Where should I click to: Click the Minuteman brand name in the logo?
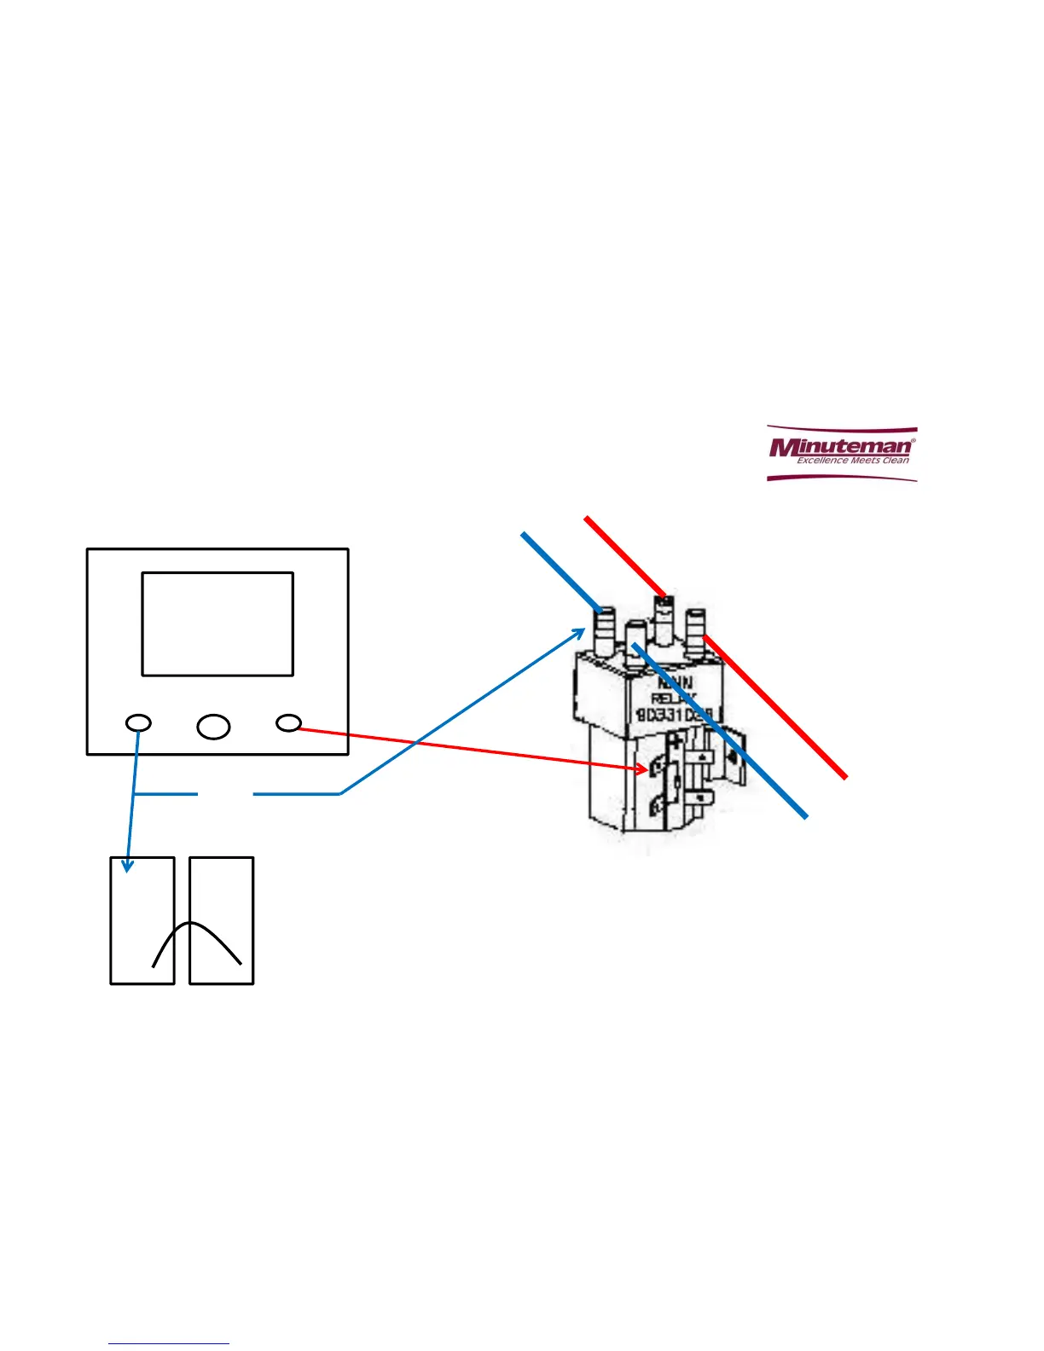pyautogui.click(x=840, y=447)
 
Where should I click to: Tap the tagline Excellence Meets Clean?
pyautogui.click(x=852, y=461)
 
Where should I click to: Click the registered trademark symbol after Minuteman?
pyautogui.click(x=913, y=441)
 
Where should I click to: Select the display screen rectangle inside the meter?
pyautogui.click(x=217, y=623)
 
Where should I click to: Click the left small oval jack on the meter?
pyautogui.click(x=138, y=723)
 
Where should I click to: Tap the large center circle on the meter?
pyautogui.click(x=213, y=726)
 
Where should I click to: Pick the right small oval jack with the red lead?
pyautogui.click(x=289, y=723)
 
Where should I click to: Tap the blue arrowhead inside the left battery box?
pyautogui.click(x=127, y=867)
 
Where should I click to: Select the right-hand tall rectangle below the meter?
pyautogui.click(x=222, y=920)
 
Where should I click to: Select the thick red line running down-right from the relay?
pyautogui.click(x=776, y=708)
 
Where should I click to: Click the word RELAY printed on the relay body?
pyautogui.click(x=673, y=699)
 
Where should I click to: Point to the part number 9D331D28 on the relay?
pyautogui.click(x=678, y=715)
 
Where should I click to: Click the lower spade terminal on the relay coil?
pyautogui.click(x=657, y=803)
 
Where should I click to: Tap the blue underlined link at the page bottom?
pyautogui.click(x=169, y=1343)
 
